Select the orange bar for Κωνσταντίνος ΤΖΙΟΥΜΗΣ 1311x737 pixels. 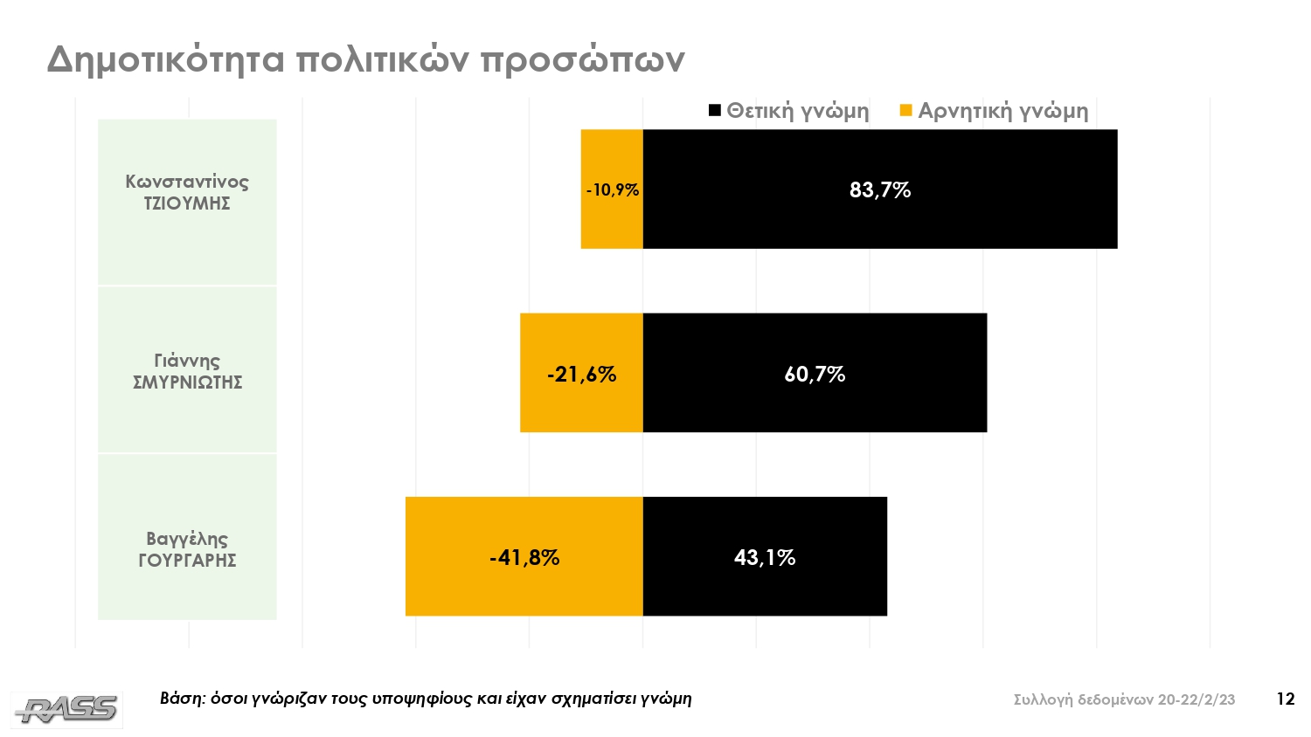612,223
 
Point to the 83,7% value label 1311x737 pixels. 880,190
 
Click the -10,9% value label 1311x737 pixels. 613,190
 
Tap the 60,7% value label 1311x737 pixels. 815,375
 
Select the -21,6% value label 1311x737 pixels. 581,375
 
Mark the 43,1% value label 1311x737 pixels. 765,558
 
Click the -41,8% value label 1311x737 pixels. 524,558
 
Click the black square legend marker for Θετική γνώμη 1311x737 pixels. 714,111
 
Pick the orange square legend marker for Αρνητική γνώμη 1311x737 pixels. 905,111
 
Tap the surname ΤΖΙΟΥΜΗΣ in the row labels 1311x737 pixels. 187,204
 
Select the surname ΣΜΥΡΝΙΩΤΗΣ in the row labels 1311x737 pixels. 187,382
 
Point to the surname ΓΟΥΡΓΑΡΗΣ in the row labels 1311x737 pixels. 187,561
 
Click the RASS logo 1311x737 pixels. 66,709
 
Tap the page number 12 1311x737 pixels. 1285,699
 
